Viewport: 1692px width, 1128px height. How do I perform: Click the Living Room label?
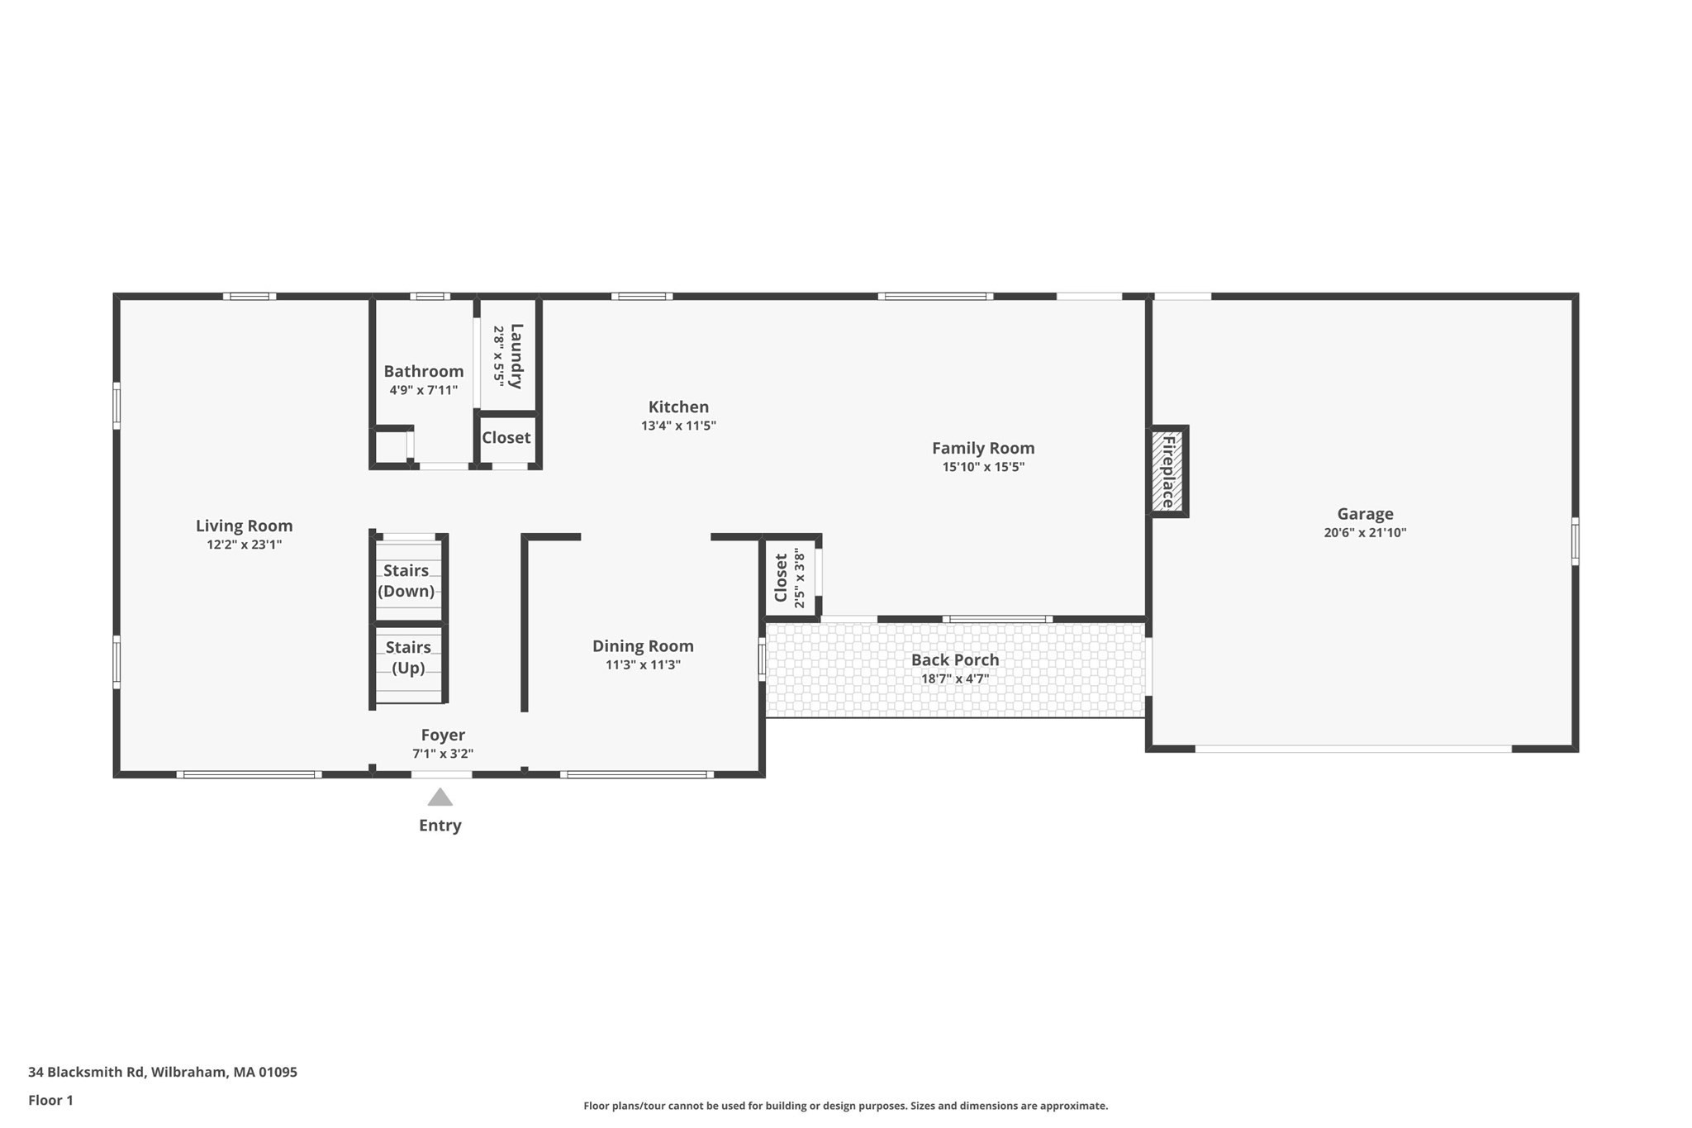[244, 526]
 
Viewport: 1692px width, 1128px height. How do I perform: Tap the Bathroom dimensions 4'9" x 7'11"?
[423, 390]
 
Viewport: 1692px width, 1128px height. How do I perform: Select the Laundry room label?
[516, 356]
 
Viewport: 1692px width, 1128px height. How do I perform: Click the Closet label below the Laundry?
[506, 438]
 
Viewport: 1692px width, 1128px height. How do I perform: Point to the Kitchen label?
[678, 407]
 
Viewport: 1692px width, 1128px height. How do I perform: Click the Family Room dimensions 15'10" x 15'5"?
[983, 467]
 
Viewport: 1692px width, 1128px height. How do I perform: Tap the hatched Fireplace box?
[1167, 472]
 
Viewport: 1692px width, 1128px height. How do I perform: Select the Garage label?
[1365, 514]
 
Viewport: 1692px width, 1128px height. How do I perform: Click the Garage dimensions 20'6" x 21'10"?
[1365, 533]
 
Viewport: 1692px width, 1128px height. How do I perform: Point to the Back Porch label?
[955, 659]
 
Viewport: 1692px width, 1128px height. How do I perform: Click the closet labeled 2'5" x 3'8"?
[790, 578]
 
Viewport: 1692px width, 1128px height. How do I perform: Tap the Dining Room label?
[643, 646]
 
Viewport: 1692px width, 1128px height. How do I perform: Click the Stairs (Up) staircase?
[408, 657]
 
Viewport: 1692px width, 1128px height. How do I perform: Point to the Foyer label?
[443, 735]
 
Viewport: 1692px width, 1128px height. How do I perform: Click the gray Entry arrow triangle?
[440, 798]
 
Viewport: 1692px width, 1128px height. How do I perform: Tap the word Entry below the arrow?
[440, 826]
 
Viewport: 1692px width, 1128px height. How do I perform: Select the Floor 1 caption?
[50, 1100]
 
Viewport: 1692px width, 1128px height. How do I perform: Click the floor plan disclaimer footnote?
[845, 1106]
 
